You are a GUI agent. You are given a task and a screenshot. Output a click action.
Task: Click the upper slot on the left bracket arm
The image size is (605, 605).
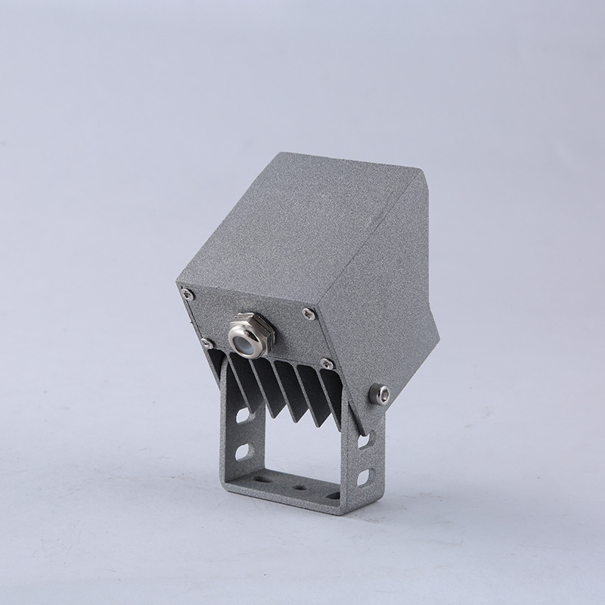click(x=243, y=416)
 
